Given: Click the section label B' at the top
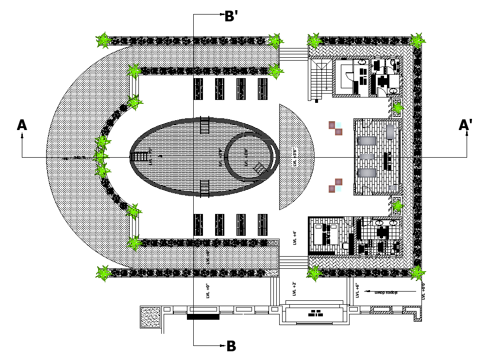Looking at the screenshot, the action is (x=231, y=16).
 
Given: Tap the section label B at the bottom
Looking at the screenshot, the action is (x=231, y=346).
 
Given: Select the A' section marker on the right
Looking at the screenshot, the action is (x=466, y=125).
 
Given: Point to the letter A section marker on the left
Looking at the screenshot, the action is (x=22, y=125).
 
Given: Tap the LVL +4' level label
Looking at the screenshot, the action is (x=295, y=238).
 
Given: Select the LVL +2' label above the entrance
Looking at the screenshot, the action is (x=295, y=290).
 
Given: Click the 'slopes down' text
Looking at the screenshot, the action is (x=386, y=292).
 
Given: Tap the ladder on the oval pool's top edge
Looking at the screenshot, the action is (x=204, y=125).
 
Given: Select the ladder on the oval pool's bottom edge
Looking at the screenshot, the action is (x=204, y=187).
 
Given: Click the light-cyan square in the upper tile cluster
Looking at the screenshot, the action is (x=338, y=125).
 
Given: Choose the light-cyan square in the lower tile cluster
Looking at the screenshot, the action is (x=332, y=188).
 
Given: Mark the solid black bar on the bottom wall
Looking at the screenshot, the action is (x=203, y=317).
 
